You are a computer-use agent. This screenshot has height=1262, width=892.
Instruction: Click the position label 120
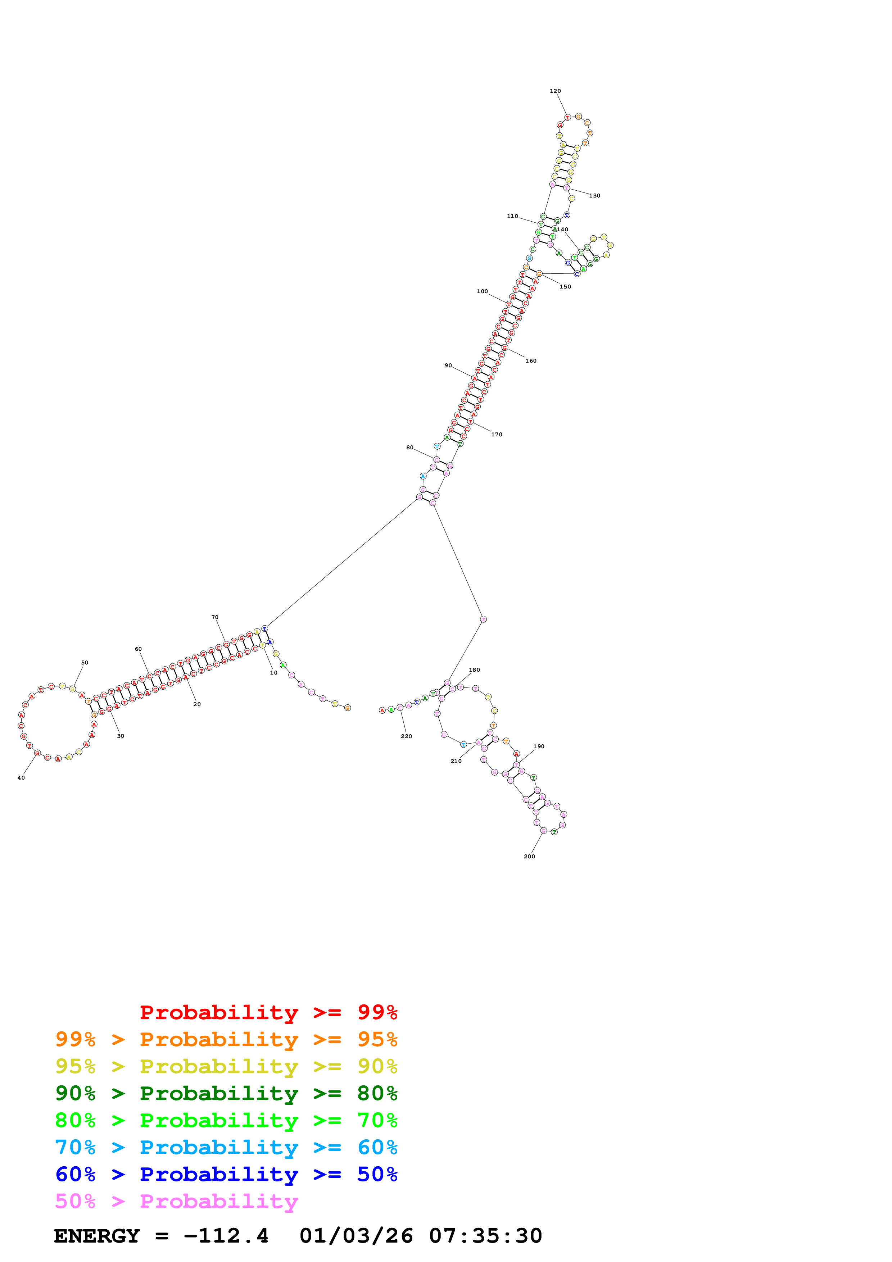555,91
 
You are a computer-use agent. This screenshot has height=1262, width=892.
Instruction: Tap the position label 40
21,778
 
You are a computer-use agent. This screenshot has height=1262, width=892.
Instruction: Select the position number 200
529,856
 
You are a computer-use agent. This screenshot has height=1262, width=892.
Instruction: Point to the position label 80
410,448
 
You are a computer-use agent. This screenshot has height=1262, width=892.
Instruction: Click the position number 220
406,736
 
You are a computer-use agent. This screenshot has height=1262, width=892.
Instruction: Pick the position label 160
531,360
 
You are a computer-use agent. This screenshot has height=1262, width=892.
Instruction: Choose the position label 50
85,662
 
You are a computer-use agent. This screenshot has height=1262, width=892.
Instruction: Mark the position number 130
595,196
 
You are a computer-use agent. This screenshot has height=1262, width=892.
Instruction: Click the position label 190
539,746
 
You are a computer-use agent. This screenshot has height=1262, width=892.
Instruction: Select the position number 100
482,291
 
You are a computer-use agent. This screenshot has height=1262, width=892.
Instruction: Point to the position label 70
215,617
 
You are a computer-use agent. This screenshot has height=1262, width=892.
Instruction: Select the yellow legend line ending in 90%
226,1066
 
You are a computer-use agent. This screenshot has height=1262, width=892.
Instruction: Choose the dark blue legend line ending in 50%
226,1174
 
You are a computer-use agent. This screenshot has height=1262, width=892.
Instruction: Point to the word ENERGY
97,1236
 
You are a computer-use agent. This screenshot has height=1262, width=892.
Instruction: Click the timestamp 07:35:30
485,1236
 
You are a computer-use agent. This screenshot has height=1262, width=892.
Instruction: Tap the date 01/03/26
356,1236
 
